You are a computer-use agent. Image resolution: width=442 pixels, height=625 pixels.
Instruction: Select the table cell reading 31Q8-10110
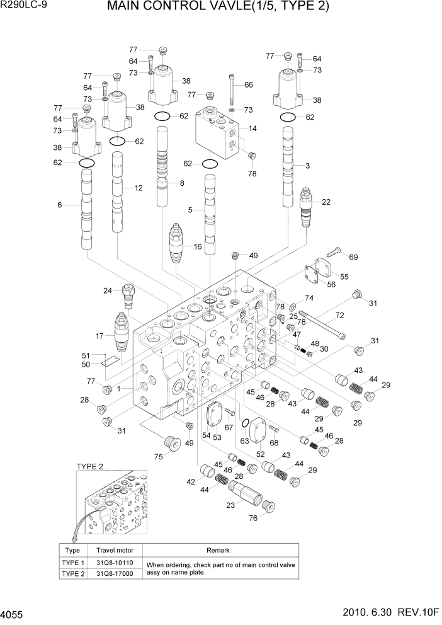(115, 563)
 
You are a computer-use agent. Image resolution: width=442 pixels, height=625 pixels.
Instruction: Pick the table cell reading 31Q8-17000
(115, 574)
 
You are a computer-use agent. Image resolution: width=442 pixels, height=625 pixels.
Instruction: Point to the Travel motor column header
(115, 550)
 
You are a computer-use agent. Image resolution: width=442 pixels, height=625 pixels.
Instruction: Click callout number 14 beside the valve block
(252, 128)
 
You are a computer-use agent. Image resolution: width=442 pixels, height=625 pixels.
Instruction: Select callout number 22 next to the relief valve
(326, 202)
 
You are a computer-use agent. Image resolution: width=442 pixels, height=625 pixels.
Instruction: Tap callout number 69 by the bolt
(353, 256)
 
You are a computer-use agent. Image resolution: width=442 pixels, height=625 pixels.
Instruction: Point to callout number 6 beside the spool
(59, 205)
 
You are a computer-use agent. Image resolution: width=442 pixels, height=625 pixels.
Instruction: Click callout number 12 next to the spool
(139, 188)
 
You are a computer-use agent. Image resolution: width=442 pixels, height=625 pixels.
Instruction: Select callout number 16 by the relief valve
(197, 246)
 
